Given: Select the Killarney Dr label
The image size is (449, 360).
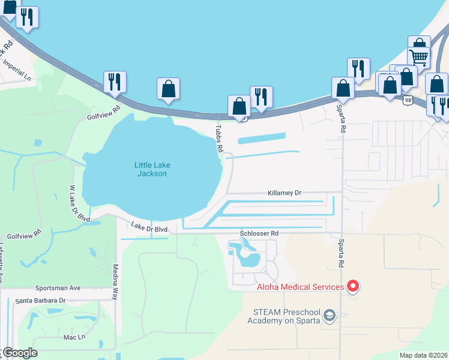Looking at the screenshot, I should pyautogui.click(x=285, y=193).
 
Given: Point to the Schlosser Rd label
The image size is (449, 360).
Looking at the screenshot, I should pyautogui.click(x=259, y=233).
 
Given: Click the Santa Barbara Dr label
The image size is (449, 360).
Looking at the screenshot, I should pyautogui.click(x=40, y=300).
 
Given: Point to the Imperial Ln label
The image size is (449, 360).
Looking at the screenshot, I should pyautogui.click(x=16, y=70).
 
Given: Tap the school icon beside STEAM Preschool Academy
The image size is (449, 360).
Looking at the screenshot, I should pyautogui.click(x=329, y=315).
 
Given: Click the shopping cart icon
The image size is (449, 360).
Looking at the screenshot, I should pyautogui.click(x=419, y=57).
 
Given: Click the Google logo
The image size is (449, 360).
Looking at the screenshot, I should pyautogui.click(x=19, y=353).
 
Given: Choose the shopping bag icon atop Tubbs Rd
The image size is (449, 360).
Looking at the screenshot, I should pyautogui.click(x=239, y=106).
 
